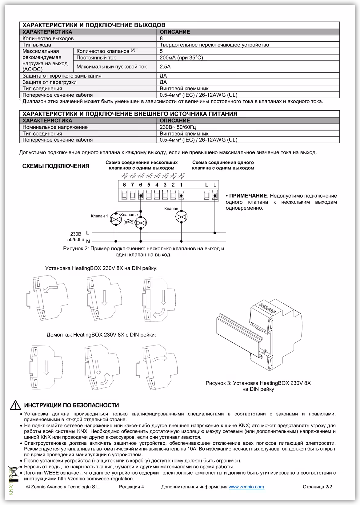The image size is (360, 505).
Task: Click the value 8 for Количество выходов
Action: tap(161, 38)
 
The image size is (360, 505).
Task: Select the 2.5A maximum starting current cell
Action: tap(165, 67)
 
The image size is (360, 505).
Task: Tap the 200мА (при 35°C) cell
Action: tap(181, 58)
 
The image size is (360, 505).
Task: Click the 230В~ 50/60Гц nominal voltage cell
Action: tap(178, 127)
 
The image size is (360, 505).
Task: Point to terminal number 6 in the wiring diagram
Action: tap(141, 185)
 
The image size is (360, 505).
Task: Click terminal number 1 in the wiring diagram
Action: tap(181, 185)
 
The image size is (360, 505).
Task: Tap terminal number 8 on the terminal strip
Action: tap(124, 185)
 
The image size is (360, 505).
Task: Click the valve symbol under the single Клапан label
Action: tap(181, 217)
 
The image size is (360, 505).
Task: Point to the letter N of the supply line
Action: tap(88, 241)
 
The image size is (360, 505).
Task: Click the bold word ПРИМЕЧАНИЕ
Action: tap(248, 196)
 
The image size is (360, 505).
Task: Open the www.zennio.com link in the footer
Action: tap(246, 487)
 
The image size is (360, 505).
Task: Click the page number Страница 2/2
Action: tap(317, 487)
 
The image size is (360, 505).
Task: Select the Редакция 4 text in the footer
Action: tap(131, 487)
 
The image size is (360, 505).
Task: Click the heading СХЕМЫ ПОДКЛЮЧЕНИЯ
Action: tap(56, 166)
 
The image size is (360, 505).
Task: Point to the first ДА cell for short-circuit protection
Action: tap(163, 76)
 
